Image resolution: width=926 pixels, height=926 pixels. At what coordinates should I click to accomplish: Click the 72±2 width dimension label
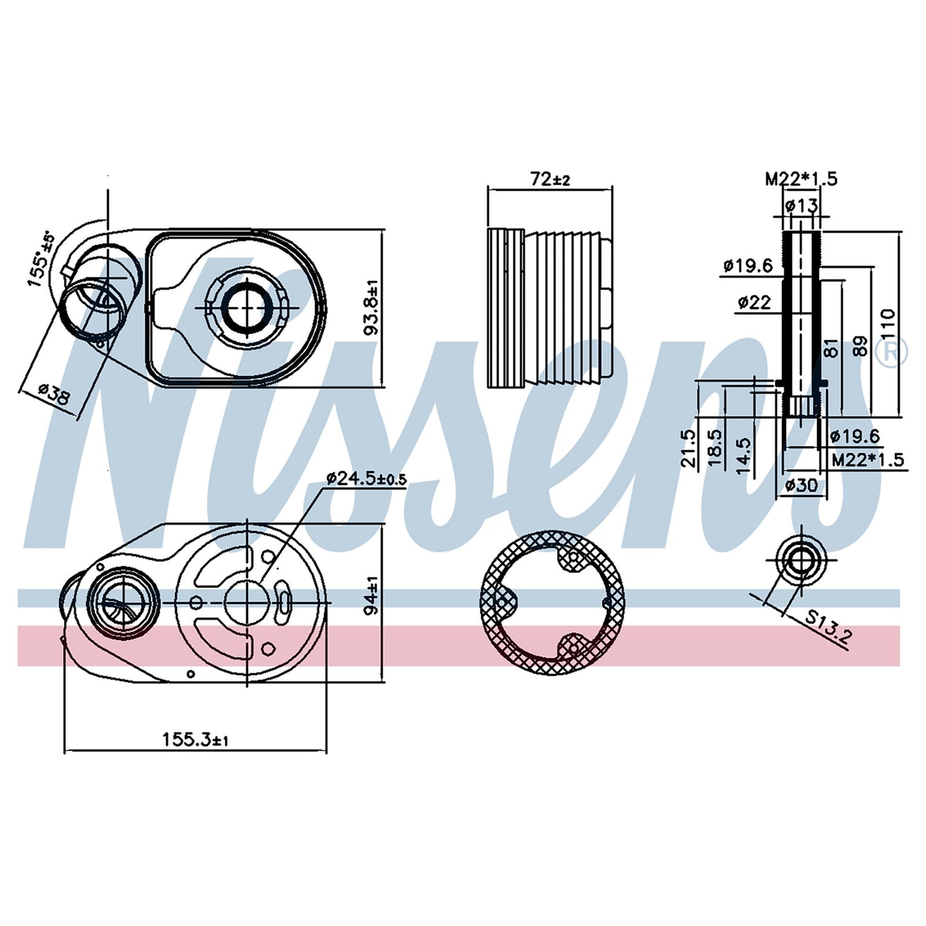pos(550,179)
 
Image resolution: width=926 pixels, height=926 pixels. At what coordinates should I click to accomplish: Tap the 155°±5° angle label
pos(41,259)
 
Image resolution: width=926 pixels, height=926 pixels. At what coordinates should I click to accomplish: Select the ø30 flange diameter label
pos(801,485)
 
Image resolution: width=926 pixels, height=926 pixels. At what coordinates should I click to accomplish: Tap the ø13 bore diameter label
pos(801,206)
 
